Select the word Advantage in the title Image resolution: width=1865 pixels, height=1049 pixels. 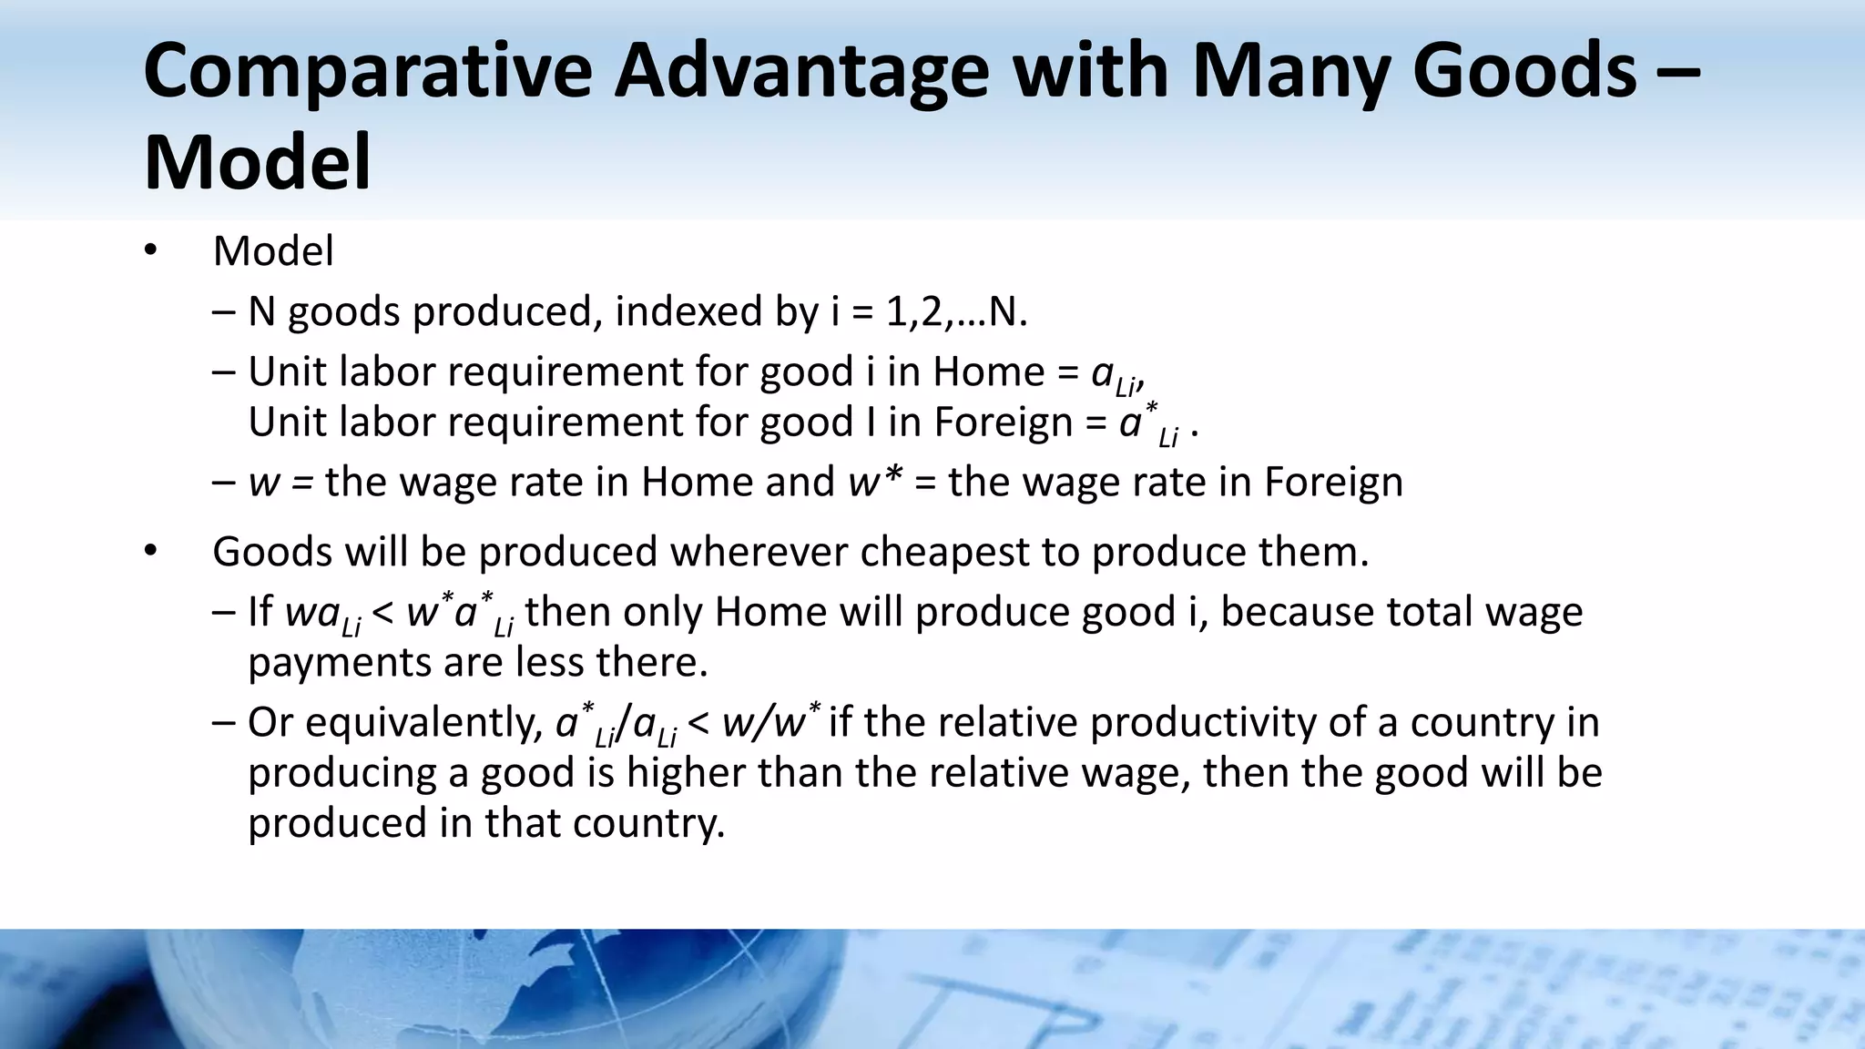pos(801,73)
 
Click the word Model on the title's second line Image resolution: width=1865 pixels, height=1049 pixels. pos(258,163)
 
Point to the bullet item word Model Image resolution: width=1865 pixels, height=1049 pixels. pos(273,251)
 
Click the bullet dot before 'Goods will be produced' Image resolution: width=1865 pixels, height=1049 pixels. pos(151,551)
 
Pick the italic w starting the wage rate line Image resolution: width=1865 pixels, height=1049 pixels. pos(264,483)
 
